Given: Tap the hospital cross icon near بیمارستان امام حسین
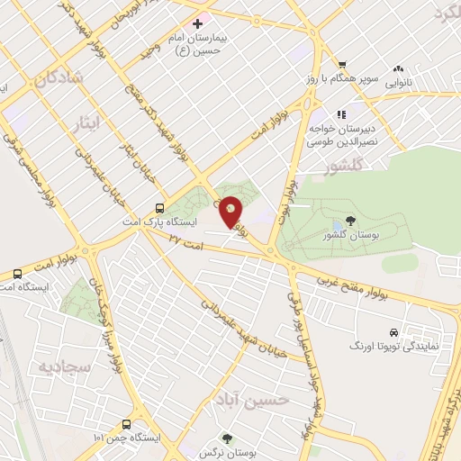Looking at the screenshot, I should [197, 22].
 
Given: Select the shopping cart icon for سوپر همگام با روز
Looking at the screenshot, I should [343, 63].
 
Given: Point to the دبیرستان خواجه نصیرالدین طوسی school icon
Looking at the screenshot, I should [341, 114].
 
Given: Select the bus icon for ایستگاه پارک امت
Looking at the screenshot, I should [159, 205].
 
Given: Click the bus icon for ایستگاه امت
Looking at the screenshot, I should [17, 273].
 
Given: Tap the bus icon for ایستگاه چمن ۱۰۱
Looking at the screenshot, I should [125, 423].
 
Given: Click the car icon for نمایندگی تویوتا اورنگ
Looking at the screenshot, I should [393, 330].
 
